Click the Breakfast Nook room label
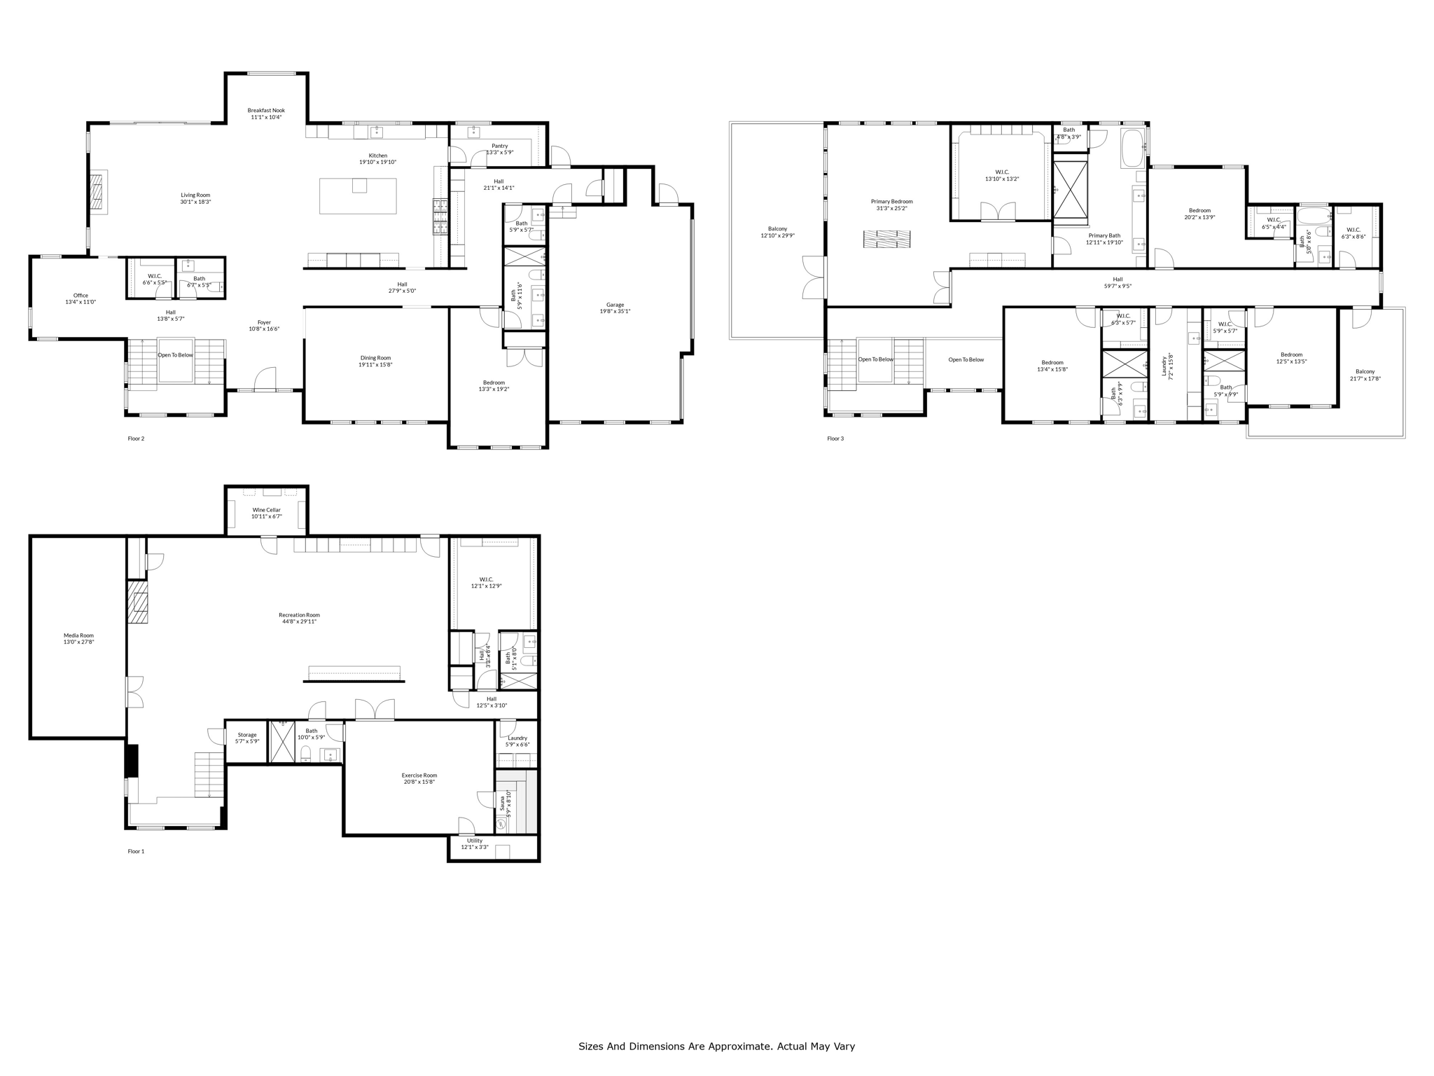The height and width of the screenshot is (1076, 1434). [x=266, y=111]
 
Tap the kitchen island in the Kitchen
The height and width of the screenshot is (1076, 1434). [x=358, y=196]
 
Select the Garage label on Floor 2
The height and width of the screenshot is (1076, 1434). [x=615, y=305]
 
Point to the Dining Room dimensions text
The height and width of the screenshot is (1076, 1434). [x=375, y=365]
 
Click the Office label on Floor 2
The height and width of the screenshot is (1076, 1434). [x=81, y=296]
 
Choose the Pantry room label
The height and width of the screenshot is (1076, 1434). [x=499, y=146]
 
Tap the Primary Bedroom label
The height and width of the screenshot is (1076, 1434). [x=891, y=202]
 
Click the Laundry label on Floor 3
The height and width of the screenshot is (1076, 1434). [x=1164, y=364]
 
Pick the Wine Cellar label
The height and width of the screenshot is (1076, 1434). [x=266, y=510]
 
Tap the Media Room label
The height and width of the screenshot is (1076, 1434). [x=78, y=635]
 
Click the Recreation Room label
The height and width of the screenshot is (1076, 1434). [x=299, y=615]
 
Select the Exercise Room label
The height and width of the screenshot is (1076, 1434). [x=419, y=775]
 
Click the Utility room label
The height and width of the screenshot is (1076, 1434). [x=474, y=841]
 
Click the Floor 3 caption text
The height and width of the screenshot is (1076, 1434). [x=835, y=439]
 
